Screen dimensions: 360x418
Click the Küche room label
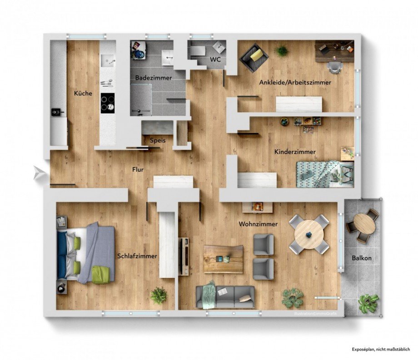point(83,94)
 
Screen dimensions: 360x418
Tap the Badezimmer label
point(153,78)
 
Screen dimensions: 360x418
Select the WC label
point(215,60)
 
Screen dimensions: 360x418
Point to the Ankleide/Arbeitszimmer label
point(295,83)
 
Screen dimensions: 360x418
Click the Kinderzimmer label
point(295,152)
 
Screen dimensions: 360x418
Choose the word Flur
point(138,170)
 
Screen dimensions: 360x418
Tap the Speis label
point(158,141)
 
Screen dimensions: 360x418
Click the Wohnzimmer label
point(258,224)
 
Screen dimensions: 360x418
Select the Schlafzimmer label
point(137,256)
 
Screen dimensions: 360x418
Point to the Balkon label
point(362,258)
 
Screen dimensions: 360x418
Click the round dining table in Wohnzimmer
point(309,234)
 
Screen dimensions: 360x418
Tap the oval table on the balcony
point(364,223)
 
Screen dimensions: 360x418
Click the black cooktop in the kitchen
point(107,102)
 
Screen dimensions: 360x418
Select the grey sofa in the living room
point(225,296)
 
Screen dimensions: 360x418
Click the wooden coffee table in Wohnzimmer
point(223,259)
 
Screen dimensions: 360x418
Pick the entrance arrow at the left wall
point(40,173)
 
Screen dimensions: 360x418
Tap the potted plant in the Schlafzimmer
point(159,295)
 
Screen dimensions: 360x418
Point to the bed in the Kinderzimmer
point(324,173)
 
